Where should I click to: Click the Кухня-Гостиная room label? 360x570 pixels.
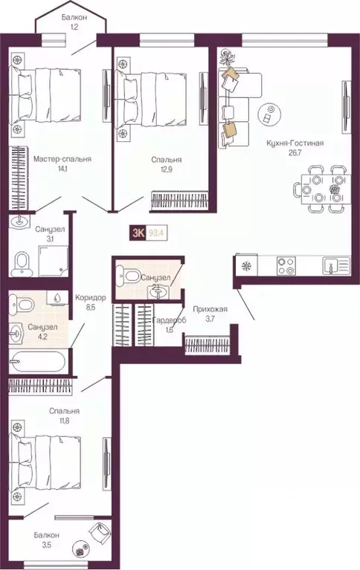[296, 143]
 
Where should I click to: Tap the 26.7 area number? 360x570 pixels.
[296, 155]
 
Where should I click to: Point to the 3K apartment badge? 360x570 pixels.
[138, 233]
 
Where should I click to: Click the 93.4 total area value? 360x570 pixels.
[156, 233]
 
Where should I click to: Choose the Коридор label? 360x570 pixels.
[90, 298]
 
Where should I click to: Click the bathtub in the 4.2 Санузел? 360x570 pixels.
[36, 363]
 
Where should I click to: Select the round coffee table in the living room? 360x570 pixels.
[269, 114]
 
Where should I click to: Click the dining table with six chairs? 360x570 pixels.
[321, 189]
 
